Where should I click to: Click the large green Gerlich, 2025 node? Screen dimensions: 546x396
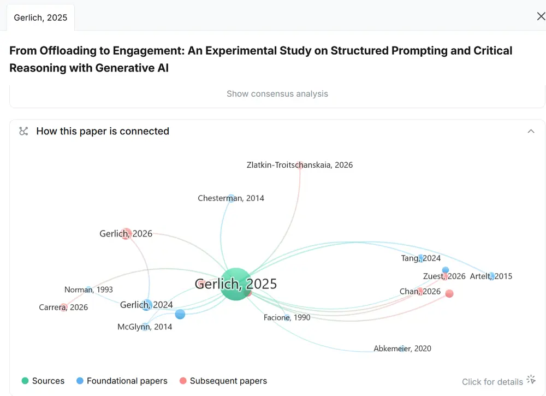tap(236, 284)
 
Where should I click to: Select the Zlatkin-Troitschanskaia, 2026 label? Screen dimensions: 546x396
tap(299, 165)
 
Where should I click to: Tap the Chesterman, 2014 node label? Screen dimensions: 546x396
tap(231, 198)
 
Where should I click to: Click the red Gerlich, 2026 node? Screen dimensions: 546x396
tap(126, 233)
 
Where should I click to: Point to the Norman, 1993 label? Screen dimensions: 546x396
tap(88, 289)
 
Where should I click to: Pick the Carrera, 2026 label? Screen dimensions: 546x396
tap(63, 307)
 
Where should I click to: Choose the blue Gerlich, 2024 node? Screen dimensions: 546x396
tap(147, 305)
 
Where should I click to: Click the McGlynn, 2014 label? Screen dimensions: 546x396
tap(145, 327)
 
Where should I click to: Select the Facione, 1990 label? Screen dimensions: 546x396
tap(287, 317)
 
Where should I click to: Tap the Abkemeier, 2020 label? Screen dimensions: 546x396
tap(402, 348)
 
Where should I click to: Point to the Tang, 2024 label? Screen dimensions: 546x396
tap(420, 258)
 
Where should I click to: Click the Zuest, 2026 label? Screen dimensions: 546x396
tap(444, 276)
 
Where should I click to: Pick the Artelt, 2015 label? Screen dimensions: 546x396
tap(491, 276)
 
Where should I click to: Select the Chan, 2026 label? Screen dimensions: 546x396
tap(420, 291)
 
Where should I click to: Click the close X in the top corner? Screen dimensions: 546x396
tap(541, 16)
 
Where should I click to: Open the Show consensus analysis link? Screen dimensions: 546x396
tap(277, 94)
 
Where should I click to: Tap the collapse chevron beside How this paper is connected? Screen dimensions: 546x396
tap(531, 131)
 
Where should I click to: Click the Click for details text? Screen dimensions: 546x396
tap(492, 382)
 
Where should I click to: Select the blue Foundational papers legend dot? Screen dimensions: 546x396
tap(80, 381)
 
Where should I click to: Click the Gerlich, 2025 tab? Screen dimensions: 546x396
tap(41, 17)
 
